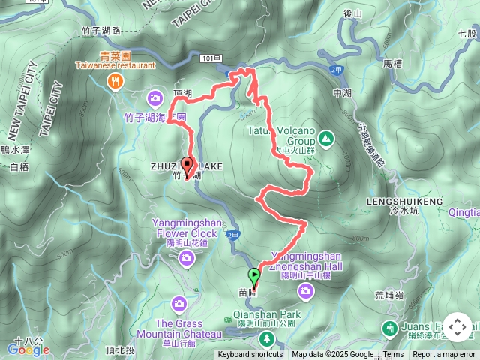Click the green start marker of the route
pyautogui.click(x=255, y=276)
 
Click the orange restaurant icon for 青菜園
pyautogui.click(x=115, y=82)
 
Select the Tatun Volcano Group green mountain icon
pyautogui.click(x=326, y=138)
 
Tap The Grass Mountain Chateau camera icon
pyautogui.click(x=178, y=304)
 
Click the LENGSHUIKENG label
pyautogui.click(x=397, y=202)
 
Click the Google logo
pyautogui.click(x=28, y=348)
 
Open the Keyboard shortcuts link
pyautogui.click(x=250, y=355)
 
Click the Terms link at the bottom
pyautogui.click(x=393, y=355)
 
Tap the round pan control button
pyautogui.click(x=457, y=328)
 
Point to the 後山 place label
pyautogui.click(x=352, y=34)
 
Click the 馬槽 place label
pyautogui.click(x=392, y=64)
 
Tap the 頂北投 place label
pyautogui.click(x=120, y=350)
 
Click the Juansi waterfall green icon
pyautogui.click(x=389, y=327)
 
